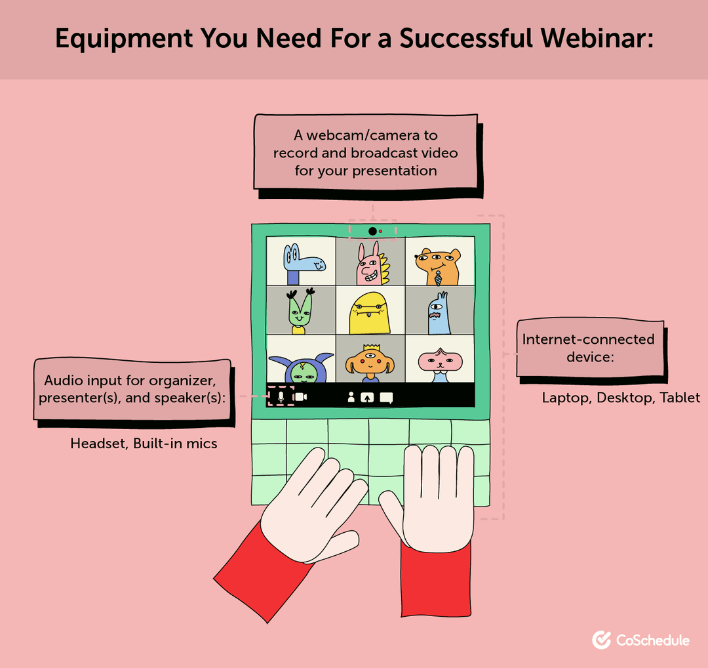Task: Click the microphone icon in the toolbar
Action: (281, 396)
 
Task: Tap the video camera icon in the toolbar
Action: (300, 396)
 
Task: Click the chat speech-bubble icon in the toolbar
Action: (386, 397)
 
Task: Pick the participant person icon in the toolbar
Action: (351, 397)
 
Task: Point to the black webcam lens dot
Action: (372, 231)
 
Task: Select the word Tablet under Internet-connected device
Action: (680, 398)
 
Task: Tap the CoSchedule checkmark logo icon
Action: (601, 640)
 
